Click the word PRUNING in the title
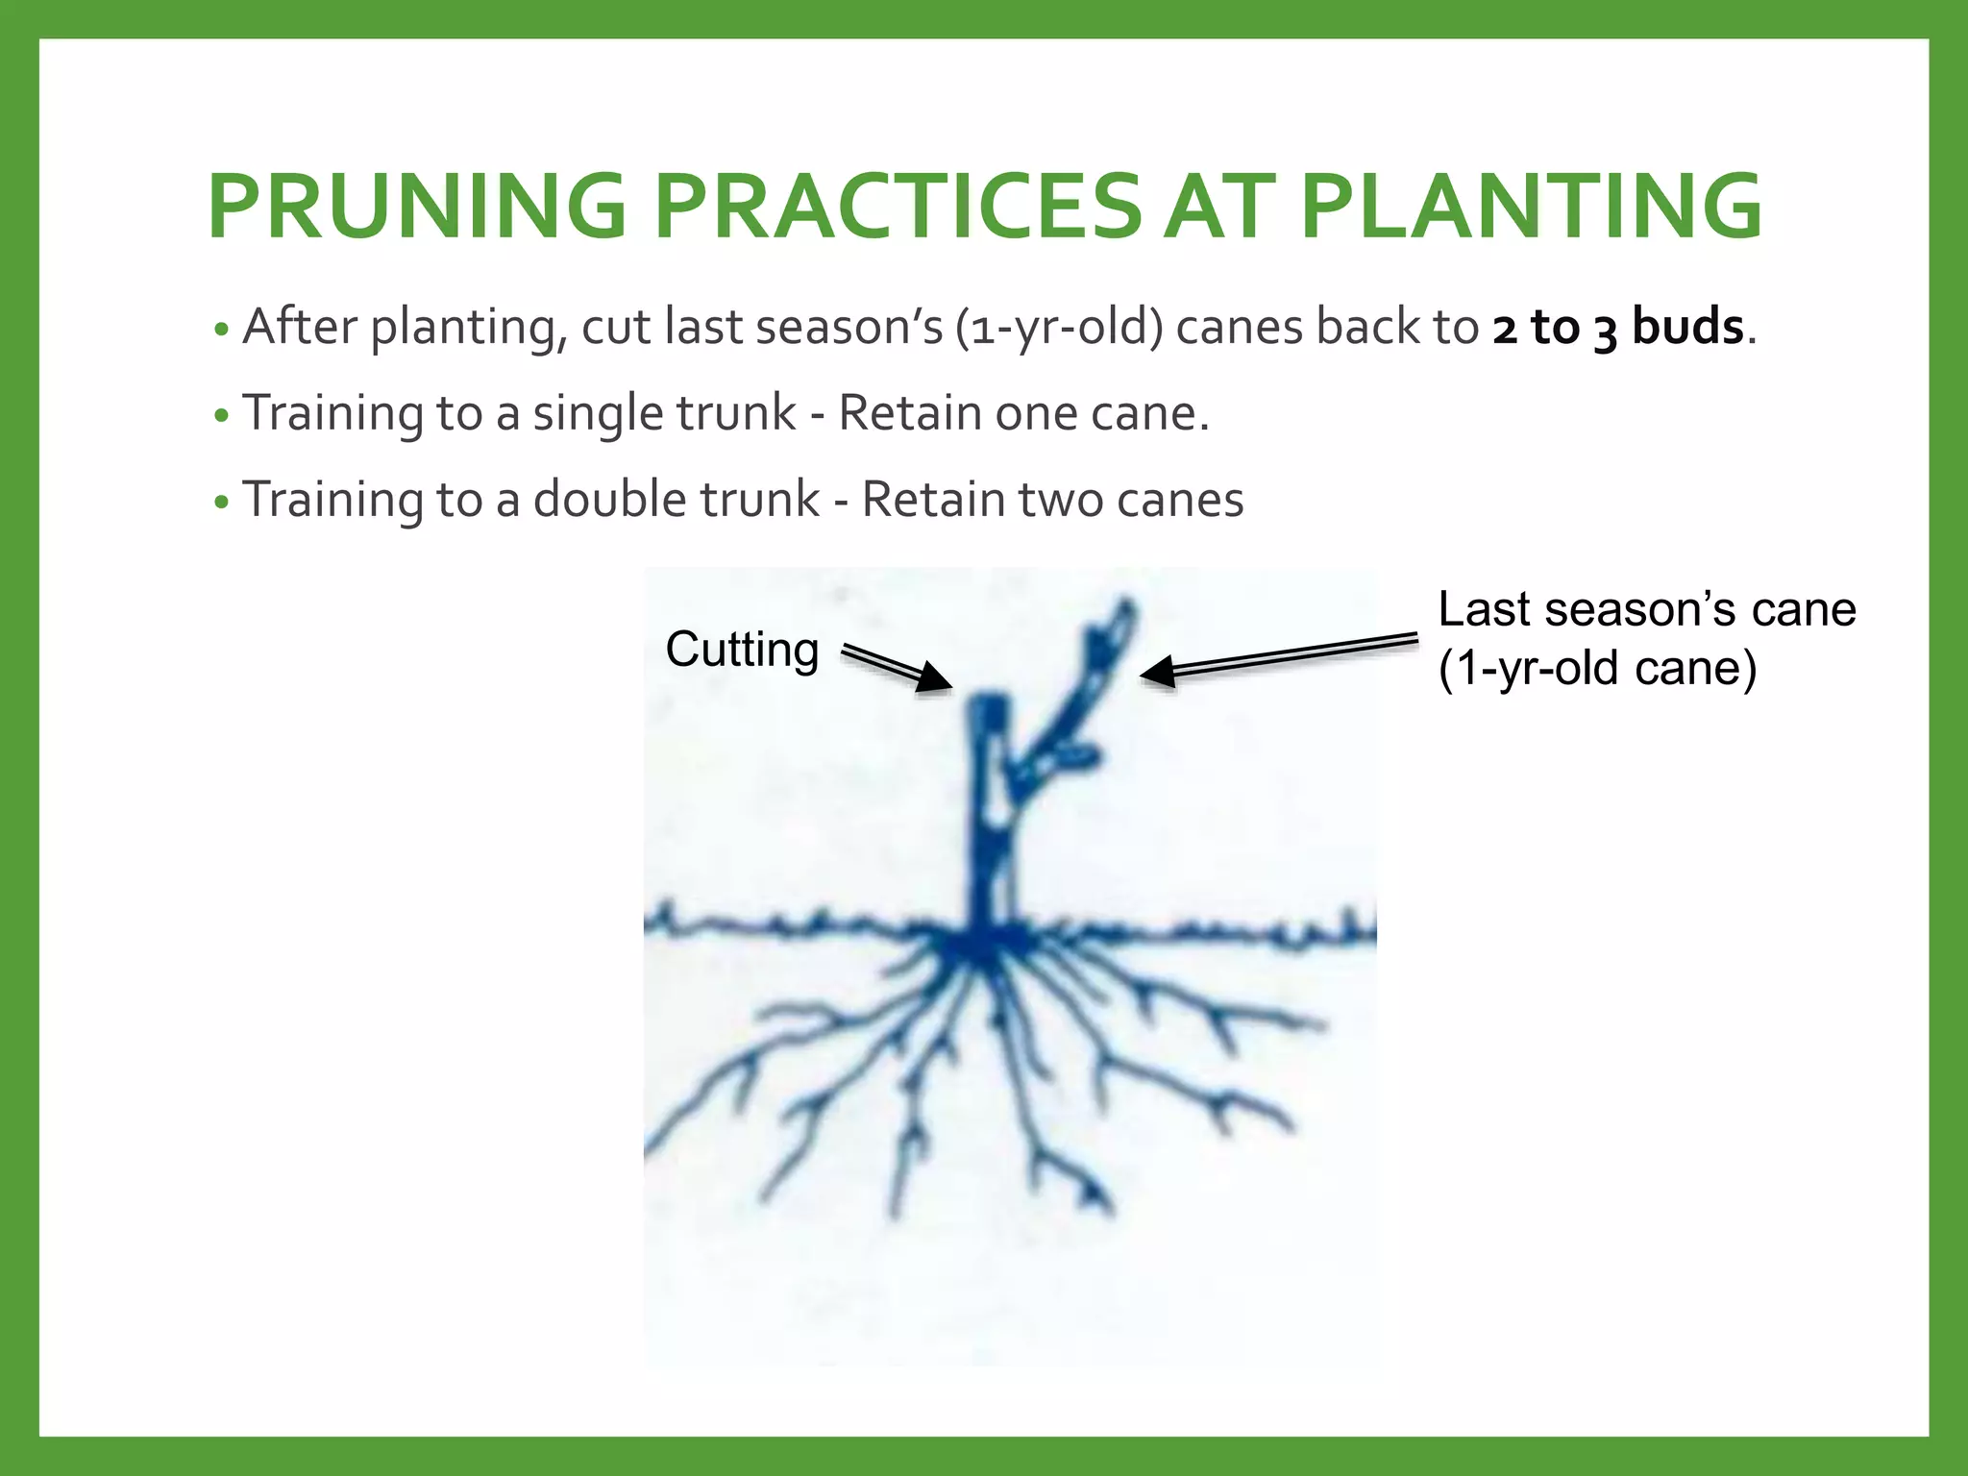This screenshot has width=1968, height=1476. click(x=417, y=207)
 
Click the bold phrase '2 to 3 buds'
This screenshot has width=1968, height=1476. click(x=1617, y=328)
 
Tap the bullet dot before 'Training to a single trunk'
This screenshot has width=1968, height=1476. click(x=222, y=417)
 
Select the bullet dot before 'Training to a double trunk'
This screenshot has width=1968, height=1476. click(x=222, y=503)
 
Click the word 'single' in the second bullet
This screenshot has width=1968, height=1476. click(x=598, y=414)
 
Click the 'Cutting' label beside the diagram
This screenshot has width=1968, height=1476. click(x=742, y=650)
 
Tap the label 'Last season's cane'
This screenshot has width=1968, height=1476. click(x=1646, y=609)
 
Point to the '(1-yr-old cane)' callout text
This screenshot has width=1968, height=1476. click(x=1597, y=668)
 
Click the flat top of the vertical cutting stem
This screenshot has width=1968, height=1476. click(x=986, y=702)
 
